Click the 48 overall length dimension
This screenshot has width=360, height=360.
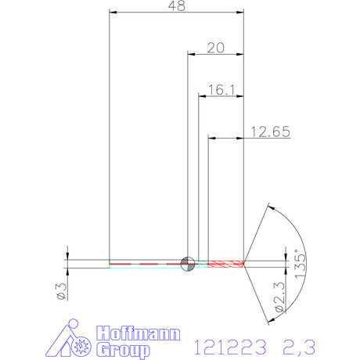176,5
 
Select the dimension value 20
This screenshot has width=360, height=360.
216,47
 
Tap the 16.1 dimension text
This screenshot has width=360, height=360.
222,90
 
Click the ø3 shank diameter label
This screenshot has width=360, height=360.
60,291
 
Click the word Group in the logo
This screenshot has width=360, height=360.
123,349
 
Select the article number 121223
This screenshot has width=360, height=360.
228,344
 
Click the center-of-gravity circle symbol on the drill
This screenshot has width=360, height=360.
187,264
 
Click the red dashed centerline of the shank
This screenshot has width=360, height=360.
149,264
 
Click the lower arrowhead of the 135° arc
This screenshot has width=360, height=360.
270,319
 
